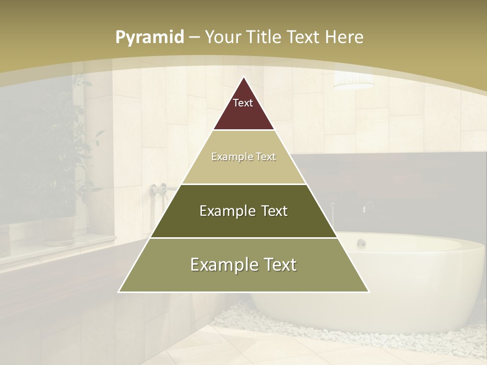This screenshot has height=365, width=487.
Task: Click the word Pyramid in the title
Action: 150,38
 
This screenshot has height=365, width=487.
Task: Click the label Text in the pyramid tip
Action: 243,103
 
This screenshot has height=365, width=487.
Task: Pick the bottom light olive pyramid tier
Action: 243,279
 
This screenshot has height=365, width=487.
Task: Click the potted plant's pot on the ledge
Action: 58,228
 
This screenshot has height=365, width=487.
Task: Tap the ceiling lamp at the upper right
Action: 354,81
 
